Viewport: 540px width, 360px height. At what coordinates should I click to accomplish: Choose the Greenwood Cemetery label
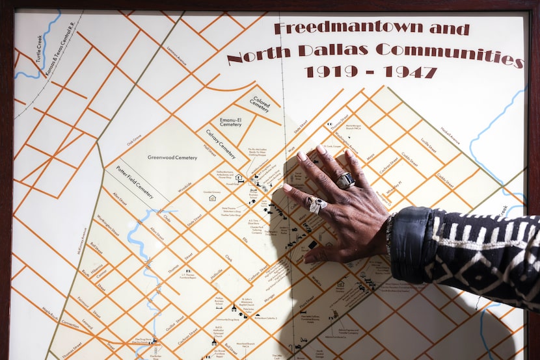coord(172,157)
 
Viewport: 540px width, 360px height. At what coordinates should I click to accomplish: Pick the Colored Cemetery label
coord(260,104)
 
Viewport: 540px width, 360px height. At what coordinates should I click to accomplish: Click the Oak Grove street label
coord(134,138)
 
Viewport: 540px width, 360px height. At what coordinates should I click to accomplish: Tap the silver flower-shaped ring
coord(317,205)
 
